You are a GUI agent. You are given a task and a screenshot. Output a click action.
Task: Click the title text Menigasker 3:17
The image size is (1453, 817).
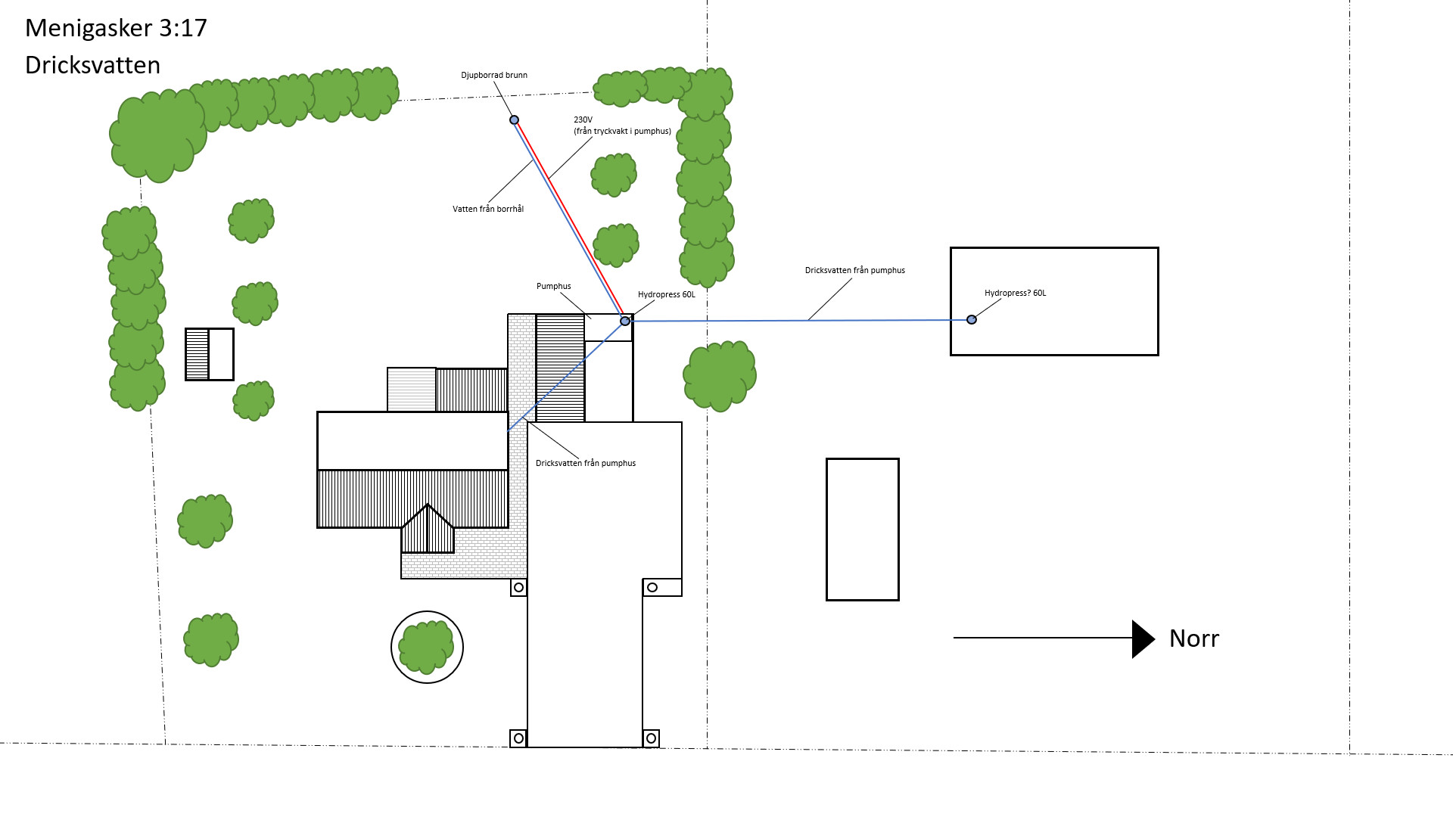click(x=116, y=28)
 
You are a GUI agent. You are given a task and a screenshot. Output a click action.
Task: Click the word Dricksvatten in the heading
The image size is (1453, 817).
click(x=92, y=65)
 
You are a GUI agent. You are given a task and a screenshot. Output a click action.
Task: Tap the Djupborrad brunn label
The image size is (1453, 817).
click(x=494, y=75)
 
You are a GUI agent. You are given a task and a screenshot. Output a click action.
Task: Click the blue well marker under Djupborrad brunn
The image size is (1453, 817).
click(x=514, y=120)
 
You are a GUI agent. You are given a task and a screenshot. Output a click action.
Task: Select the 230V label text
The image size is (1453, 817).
click(x=583, y=120)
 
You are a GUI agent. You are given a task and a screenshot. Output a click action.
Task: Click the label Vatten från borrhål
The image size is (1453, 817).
click(x=487, y=209)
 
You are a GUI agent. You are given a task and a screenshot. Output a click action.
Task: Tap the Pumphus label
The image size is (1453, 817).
click(x=553, y=286)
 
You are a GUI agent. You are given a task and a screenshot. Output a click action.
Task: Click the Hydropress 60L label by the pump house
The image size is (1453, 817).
click(x=666, y=294)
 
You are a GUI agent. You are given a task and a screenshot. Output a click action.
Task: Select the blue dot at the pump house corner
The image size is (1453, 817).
click(x=625, y=321)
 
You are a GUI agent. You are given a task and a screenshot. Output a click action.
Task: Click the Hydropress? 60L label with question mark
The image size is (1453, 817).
click(x=1015, y=293)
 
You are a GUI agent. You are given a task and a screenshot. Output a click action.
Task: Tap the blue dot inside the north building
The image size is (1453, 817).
click(x=972, y=319)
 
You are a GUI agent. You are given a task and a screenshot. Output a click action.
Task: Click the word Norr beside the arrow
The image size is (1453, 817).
click(x=1193, y=638)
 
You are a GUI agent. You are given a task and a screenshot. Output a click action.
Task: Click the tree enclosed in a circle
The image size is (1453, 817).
click(x=427, y=647)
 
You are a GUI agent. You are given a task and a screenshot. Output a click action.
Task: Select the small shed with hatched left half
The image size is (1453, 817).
click(x=210, y=354)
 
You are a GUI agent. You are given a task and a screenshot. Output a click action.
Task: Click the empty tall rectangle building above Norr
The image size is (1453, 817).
click(x=862, y=529)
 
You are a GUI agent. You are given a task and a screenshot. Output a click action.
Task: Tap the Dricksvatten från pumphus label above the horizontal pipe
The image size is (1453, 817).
click(x=854, y=270)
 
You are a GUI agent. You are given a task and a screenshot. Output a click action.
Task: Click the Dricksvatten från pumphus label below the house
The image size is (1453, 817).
click(x=585, y=463)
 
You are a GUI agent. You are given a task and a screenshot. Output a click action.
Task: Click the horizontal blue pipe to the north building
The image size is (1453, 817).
click(x=795, y=321)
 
